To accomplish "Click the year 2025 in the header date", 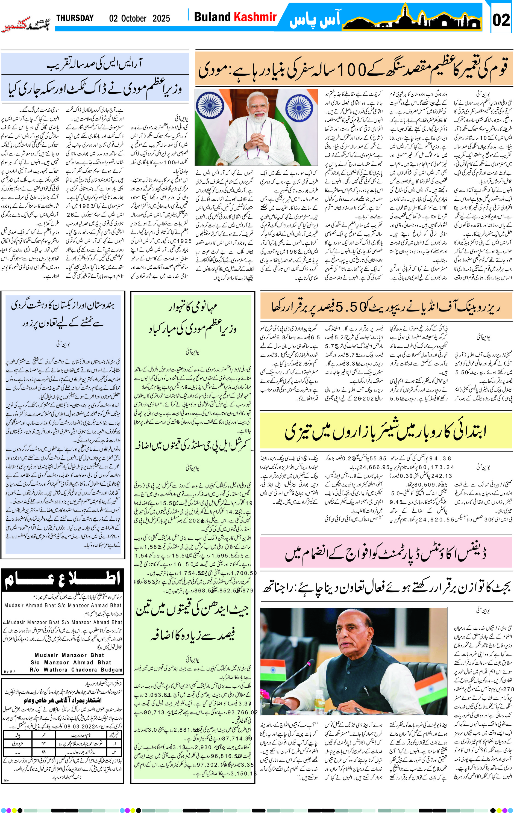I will [161, 18].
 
